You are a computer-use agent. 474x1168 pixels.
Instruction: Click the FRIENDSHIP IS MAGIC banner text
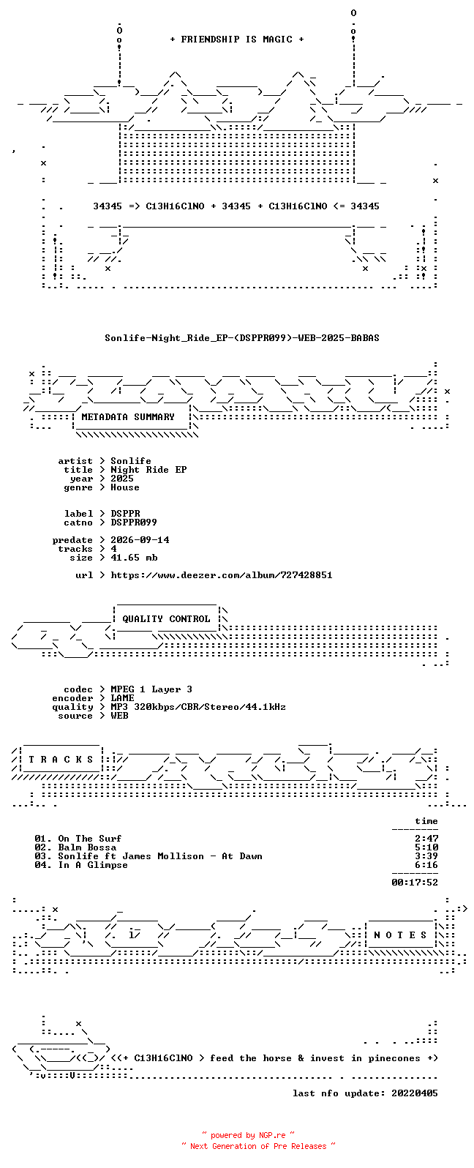(x=237, y=40)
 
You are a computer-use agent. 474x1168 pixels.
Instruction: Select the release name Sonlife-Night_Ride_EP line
(x=242, y=338)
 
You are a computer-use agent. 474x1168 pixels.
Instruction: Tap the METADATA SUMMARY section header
(x=128, y=417)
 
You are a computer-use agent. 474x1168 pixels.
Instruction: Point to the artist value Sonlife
(x=131, y=461)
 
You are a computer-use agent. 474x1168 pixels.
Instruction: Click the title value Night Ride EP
(x=148, y=470)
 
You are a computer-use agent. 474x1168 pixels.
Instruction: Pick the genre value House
(x=125, y=487)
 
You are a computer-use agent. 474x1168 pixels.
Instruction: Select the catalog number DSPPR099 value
(x=133, y=523)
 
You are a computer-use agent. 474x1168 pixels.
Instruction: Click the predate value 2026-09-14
(x=140, y=540)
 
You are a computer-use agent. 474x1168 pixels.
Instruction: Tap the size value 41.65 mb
(x=134, y=558)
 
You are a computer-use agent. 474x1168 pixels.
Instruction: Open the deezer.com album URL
(x=222, y=575)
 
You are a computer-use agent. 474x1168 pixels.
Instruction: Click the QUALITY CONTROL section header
(x=166, y=619)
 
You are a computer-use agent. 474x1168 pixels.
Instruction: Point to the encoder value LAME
(x=123, y=698)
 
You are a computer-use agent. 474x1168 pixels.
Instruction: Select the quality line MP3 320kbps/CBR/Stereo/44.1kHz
(x=198, y=707)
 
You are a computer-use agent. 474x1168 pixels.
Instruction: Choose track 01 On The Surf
(x=78, y=839)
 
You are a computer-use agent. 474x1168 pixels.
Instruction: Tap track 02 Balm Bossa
(x=75, y=847)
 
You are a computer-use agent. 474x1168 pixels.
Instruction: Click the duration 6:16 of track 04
(x=426, y=865)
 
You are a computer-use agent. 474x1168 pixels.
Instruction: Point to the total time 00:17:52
(x=415, y=883)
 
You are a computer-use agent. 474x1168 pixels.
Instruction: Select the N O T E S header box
(x=400, y=935)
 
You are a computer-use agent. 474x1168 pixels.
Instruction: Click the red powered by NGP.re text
(x=248, y=1136)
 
